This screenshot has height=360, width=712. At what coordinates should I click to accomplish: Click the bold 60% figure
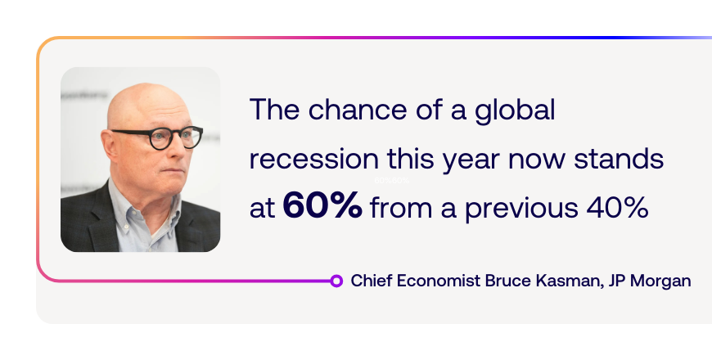pyautogui.click(x=322, y=205)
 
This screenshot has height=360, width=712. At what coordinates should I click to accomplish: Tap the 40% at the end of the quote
pyautogui.click(x=617, y=208)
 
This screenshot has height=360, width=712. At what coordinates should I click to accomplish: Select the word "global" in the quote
pyautogui.click(x=515, y=110)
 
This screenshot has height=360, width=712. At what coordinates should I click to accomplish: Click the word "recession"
pyautogui.click(x=313, y=160)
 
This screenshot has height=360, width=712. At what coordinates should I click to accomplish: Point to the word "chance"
pyautogui.click(x=358, y=110)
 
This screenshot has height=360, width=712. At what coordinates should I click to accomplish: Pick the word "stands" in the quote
pyautogui.click(x=619, y=159)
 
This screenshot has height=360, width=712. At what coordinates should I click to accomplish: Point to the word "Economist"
pyautogui.click(x=439, y=281)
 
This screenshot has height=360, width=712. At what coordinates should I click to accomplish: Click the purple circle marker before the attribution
pyautogui.click(x=336, y=281)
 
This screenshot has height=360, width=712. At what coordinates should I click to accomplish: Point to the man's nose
pyautogui.click(x=181, y=151)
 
